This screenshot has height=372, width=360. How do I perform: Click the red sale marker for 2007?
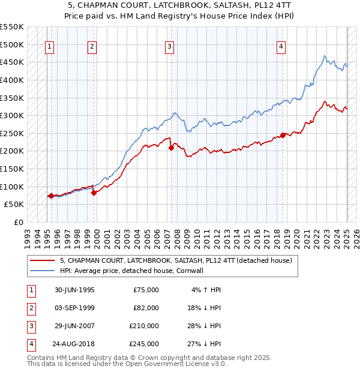pyautogui.click(x=171, y=147)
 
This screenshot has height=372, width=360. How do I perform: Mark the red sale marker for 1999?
pyautogui.click(x=94, y=193)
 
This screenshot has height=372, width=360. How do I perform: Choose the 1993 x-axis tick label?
pyautogui.click(x=27, y=235)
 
